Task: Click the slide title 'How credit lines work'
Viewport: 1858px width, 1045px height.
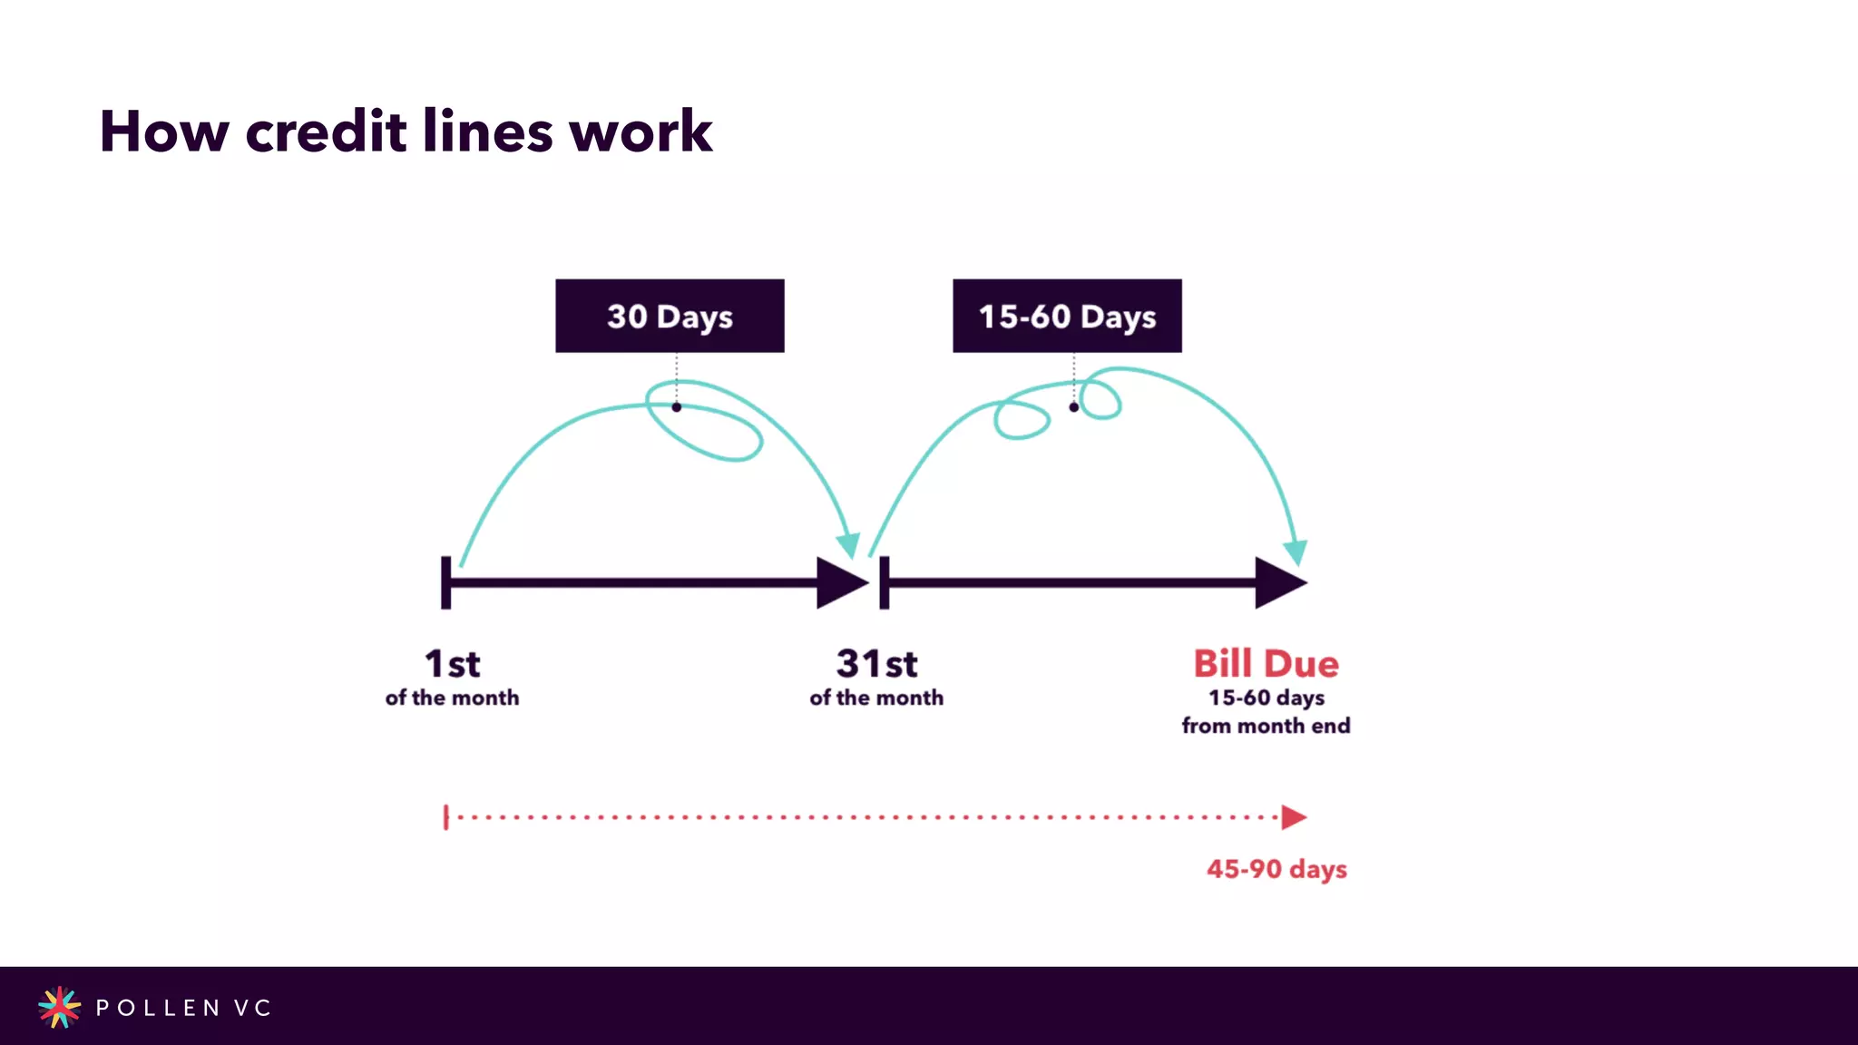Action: pos(406,132)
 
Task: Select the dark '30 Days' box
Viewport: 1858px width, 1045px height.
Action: pos(670,316)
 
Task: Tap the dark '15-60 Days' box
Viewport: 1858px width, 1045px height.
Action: pos(1067,316)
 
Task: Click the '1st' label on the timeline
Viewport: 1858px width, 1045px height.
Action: pos(452,664)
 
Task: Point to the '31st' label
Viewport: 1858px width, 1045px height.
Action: pos(876,664)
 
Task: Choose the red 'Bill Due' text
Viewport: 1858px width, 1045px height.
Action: pos(1266,664)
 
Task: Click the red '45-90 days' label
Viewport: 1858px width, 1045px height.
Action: pos(1276,869)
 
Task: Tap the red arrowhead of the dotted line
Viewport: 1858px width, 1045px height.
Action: pos(1294,817)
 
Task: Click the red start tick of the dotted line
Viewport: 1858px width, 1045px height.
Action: pos(445,817)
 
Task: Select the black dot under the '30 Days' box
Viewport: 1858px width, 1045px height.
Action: pos(677,407)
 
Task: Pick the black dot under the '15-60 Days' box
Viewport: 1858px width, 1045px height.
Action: pos(1074,407)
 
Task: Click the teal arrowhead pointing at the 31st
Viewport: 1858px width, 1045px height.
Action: pos(849,544)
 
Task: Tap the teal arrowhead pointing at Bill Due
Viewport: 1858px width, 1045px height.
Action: pos(1296,551)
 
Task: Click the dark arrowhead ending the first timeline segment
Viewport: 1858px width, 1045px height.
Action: pos(841,582)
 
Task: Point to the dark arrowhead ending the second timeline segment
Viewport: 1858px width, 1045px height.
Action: pos(1279,582)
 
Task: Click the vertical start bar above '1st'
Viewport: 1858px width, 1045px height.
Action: pos(445,582)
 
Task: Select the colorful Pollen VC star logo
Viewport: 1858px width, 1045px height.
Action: pos(59,1007)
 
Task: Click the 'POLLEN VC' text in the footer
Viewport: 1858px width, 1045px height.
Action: pos(183,1008)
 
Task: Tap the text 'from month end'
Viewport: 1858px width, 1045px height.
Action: pos(1266,726)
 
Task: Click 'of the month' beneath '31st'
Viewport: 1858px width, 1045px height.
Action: pos(876,698)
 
